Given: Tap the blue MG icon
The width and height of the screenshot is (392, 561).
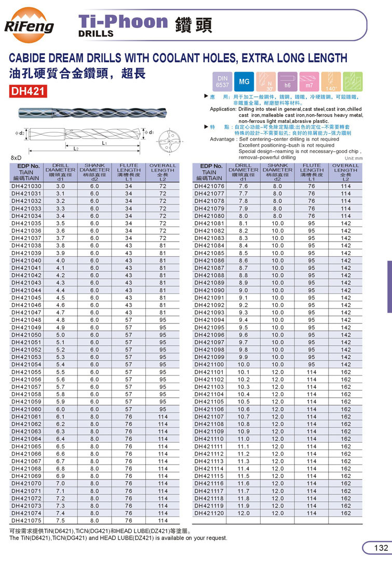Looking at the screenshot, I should pos(244,81).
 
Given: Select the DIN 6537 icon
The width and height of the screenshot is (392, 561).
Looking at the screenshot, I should pos(222,81).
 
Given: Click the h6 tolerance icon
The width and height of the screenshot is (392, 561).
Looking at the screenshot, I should pos(287,81).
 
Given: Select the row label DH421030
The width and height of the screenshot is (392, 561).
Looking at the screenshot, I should pos(26,186).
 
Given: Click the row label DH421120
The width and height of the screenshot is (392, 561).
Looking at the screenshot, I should pos(209,513).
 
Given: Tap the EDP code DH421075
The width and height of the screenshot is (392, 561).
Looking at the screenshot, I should pos(26,521).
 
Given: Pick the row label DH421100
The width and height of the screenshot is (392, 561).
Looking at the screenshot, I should pos(209,364).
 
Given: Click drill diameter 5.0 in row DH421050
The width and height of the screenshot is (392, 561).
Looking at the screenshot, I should pos(61,334).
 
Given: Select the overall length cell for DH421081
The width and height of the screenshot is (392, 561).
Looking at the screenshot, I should pos(346,223).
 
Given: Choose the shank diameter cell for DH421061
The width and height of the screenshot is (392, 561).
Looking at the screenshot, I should pos(94,416).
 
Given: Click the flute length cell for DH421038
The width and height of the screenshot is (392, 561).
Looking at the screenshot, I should pos(129,245).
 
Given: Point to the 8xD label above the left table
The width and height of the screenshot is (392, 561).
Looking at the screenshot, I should pos(16,157).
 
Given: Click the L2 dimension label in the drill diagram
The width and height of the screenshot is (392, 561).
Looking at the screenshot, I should pos(76,149).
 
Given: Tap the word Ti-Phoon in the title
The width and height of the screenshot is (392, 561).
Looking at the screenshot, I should pos(123,21).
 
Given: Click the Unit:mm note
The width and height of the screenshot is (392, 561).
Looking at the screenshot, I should pos(354,158).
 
